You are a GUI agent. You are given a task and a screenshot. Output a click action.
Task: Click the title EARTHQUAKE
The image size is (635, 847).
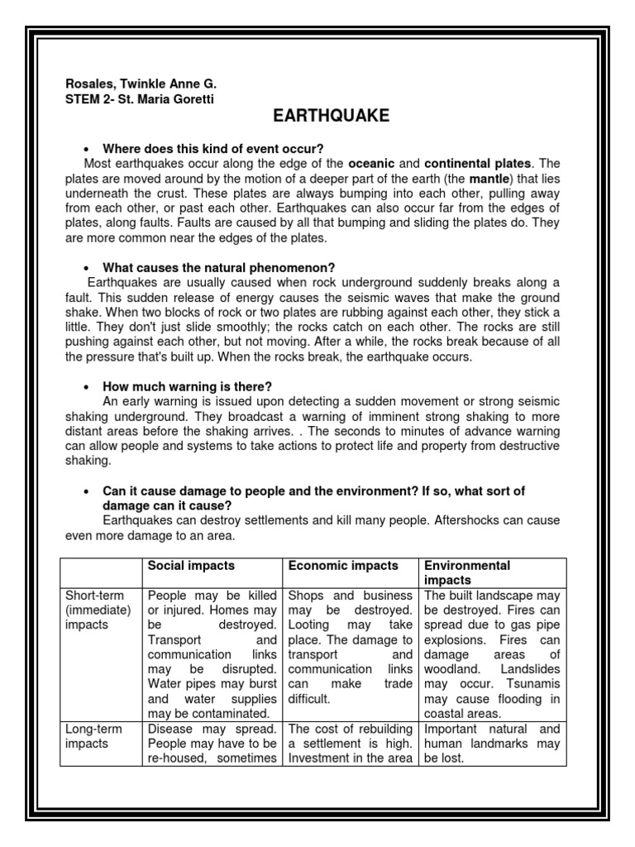(x=329, y=117)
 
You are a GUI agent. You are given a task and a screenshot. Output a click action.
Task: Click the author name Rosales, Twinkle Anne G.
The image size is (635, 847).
(x=141, y=84)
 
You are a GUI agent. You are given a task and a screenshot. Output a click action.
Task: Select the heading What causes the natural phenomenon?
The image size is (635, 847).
(x=218, y=268)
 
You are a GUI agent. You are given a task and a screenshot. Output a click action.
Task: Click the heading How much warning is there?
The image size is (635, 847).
(x=187, y=386)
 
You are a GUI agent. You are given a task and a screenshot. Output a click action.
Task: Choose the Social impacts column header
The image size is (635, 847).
(x=190, y=566)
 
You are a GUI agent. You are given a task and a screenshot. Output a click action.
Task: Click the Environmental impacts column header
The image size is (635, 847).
(x=467, y=573)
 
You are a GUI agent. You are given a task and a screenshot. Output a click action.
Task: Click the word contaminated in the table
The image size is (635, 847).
(x=208, y=713)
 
